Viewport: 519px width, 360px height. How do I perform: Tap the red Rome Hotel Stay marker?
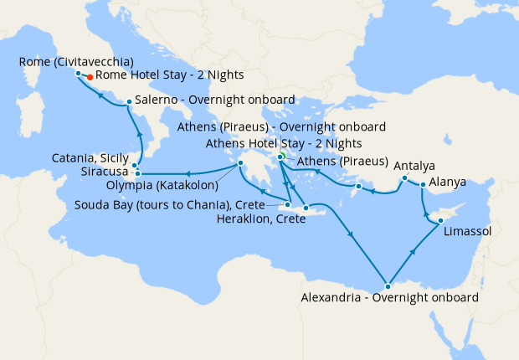(90, 77)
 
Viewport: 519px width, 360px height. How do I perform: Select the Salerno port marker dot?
(128, 103)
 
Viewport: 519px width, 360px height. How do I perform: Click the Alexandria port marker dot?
(387, 286)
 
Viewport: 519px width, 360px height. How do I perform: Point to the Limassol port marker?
(440, 221)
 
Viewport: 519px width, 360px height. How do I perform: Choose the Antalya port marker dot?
(403, 178)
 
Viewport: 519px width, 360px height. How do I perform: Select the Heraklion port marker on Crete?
(306, 208)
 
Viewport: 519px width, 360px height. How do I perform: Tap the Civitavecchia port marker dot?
(78, 73)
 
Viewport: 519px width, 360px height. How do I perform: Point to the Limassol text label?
(468, 230)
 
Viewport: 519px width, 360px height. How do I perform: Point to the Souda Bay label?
(169, 204)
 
